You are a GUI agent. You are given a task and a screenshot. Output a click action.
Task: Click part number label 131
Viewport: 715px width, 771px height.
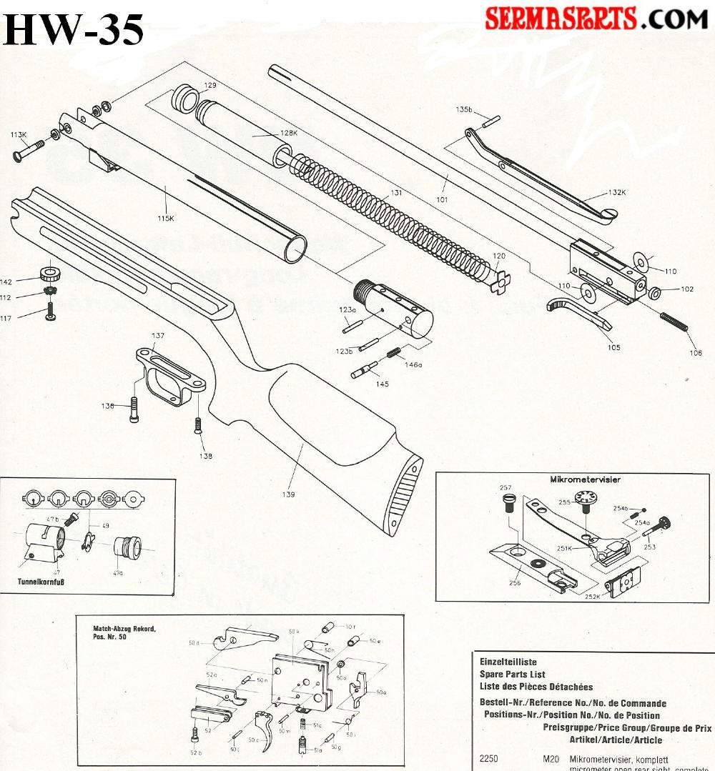(x=387, y=192)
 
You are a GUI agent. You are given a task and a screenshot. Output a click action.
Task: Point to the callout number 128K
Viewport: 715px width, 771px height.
(x=289, y=133)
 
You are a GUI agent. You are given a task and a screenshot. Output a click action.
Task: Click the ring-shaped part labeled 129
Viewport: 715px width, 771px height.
(x=185, y=97)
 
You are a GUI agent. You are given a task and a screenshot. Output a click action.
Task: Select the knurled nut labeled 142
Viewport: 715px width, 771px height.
(x=49, y=272)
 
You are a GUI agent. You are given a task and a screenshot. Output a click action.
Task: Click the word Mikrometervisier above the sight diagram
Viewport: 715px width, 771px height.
(x=584, y=479)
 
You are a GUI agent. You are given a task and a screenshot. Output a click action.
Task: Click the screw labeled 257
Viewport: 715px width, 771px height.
(x=508, y=503)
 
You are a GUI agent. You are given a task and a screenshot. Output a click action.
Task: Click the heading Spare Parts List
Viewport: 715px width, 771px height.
(x=512, y=675)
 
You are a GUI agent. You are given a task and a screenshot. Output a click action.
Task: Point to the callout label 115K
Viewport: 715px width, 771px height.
(x=166, y=218)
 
